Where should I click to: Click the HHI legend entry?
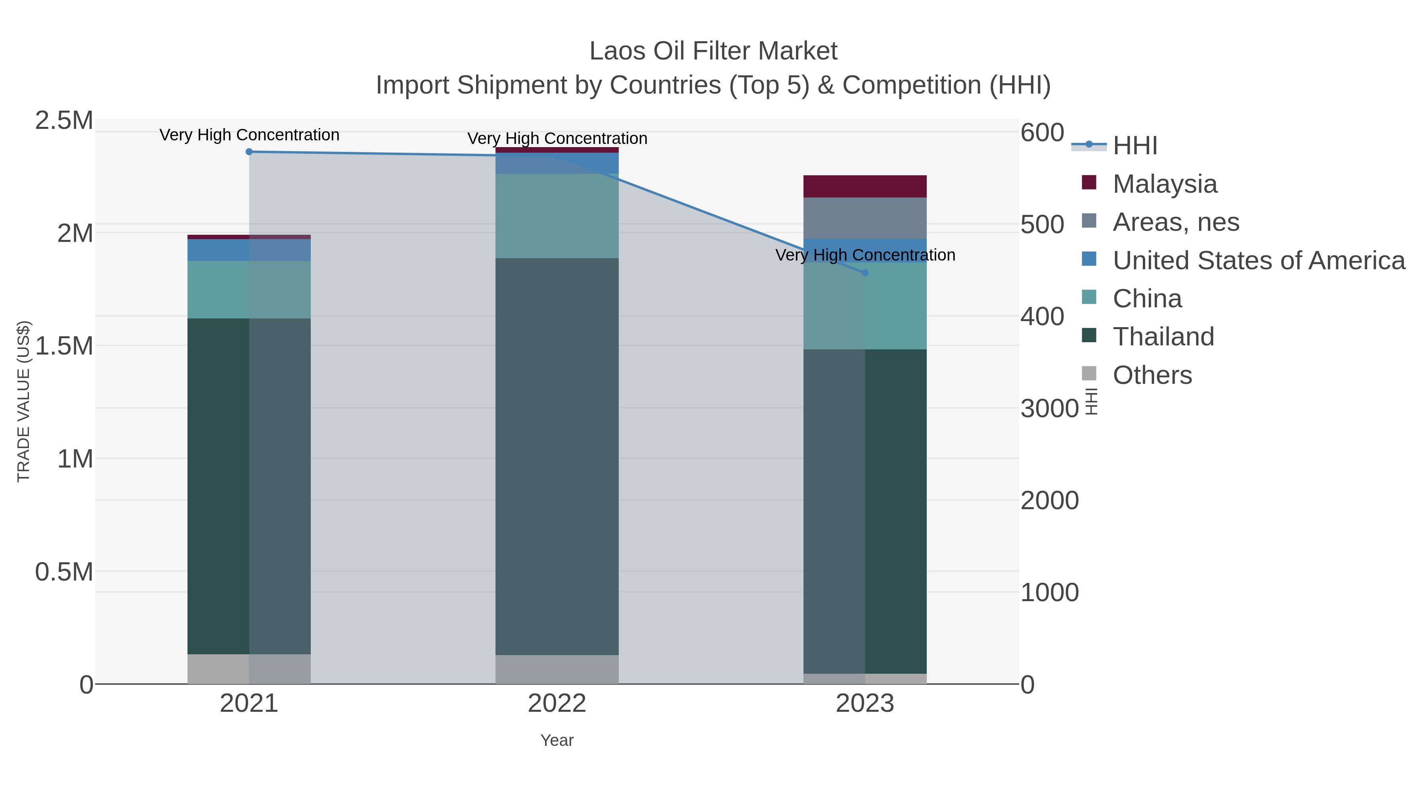coord(1134,146)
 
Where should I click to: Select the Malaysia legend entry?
coord(1165,184)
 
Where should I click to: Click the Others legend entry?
coord(1152,375)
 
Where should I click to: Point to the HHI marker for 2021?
coord(249,152)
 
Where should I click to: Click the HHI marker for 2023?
coord(865,273)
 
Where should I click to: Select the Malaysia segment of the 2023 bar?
coord(865,187)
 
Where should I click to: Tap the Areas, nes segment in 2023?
coord(865,218)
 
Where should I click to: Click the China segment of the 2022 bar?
coord(557,216)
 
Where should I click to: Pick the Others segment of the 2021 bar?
coord(249,669)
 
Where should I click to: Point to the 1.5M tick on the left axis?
coord(64,346)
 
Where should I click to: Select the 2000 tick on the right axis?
coord(1050,501)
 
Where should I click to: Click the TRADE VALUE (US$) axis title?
coord(24,401)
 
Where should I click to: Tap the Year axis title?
coord(557,740)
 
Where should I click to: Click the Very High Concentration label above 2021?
coord(249,135)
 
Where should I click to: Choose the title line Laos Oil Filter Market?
coord(713,52)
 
